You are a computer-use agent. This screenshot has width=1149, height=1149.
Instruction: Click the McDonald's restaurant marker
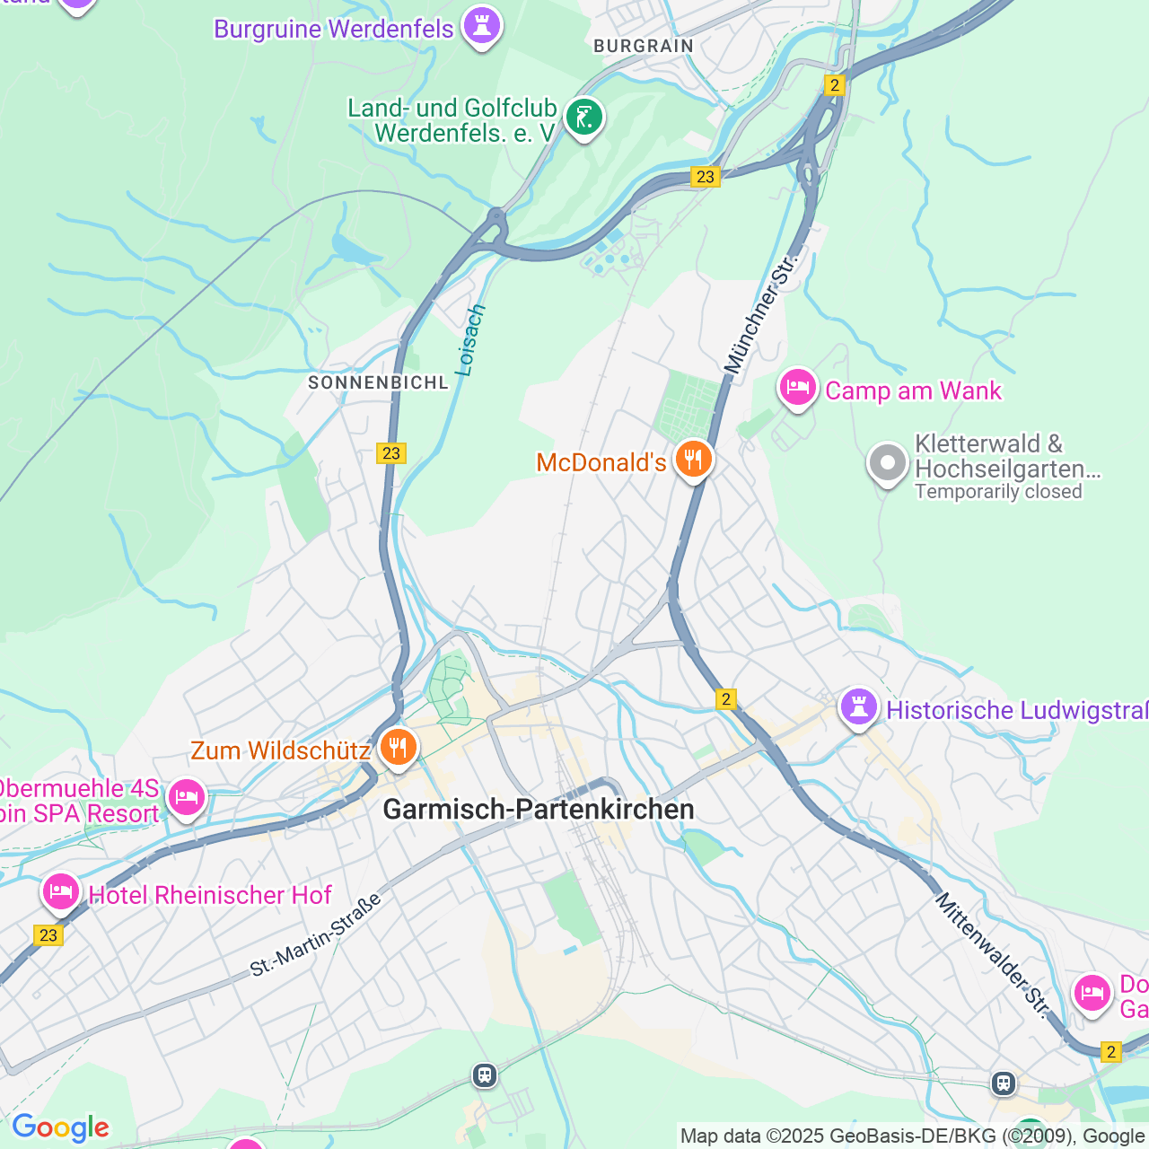(692, 460)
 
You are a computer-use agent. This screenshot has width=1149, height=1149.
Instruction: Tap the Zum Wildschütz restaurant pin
(398, 747)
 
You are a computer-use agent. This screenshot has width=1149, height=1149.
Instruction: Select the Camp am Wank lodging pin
(797, 388)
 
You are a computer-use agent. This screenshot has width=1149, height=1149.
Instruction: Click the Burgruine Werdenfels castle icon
(481, 26)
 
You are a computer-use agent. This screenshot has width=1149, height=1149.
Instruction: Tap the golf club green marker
(584, 117)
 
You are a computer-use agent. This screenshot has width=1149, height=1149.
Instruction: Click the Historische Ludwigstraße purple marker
(858, 707)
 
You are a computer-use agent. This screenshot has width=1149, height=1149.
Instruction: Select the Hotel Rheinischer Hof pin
(61, 892)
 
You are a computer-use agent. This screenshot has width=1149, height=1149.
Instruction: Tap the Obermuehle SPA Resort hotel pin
(187, 797)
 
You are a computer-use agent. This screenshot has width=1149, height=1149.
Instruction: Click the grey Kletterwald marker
(887, 464)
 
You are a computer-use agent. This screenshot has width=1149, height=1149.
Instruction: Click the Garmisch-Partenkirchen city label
(539, 810)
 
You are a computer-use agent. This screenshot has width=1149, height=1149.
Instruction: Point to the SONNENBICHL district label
(378, 382)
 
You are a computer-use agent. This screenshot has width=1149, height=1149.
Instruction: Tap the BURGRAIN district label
(644, 46)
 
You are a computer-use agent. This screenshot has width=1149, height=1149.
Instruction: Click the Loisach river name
(470, 340)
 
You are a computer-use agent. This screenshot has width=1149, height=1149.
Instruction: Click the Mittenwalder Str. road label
(992, 954)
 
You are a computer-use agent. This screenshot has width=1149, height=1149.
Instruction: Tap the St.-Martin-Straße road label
(316, 934)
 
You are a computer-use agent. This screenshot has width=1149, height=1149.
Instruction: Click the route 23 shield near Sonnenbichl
(391, 453)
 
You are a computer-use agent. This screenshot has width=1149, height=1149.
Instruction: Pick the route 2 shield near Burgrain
(835, 85)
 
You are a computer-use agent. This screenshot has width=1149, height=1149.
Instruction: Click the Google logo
(60, 1127)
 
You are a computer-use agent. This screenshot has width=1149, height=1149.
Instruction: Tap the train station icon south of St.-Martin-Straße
(485, 1074)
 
